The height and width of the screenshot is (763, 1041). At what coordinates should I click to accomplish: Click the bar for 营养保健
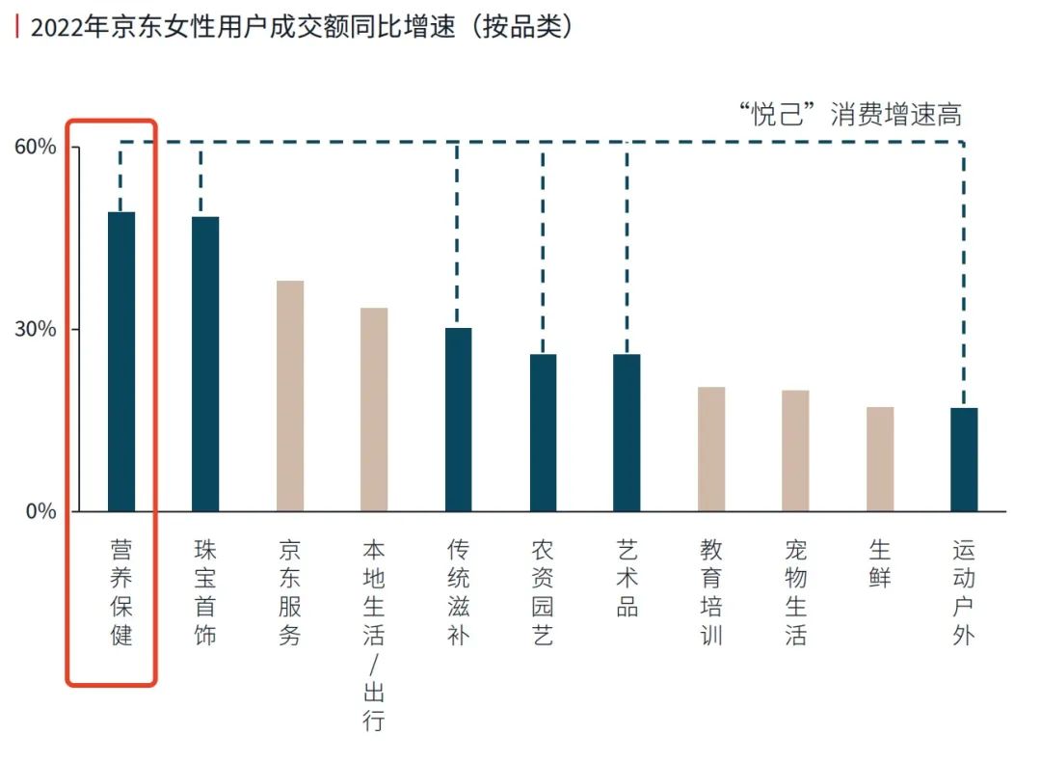coord(121,362)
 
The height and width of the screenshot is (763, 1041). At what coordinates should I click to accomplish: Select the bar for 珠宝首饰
coord(205,364)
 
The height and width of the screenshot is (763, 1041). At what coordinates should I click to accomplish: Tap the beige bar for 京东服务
coord(290,395)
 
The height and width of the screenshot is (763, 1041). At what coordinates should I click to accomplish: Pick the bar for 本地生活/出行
coord(374,409)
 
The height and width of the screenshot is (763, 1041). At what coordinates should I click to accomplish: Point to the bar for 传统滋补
coord(459,420)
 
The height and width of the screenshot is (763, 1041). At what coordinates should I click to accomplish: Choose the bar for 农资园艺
coord(543,432)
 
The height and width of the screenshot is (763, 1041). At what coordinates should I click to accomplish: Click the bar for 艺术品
coord(627,432)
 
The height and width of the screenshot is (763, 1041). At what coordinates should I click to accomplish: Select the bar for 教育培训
coord(711,449)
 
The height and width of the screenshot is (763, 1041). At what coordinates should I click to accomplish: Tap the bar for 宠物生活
coord(795,450)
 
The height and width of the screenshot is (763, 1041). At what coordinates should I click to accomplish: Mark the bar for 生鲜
coord(880,459)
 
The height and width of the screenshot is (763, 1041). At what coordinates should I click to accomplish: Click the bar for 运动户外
coord(964,459)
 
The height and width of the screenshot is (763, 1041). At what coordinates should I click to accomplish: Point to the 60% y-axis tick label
coord(35,148)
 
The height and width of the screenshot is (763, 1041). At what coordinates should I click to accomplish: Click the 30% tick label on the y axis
coord(35,329)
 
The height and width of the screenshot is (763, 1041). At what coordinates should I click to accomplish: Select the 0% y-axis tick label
coord(40,511)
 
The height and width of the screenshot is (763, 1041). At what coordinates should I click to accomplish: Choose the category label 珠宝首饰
coord(205,592)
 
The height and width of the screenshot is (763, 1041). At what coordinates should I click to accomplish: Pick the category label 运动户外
coord(964,592)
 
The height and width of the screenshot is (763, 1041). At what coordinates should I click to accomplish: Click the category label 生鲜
coord(880,564)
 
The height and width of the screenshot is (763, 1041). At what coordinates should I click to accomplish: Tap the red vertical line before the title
coord(16,27)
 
